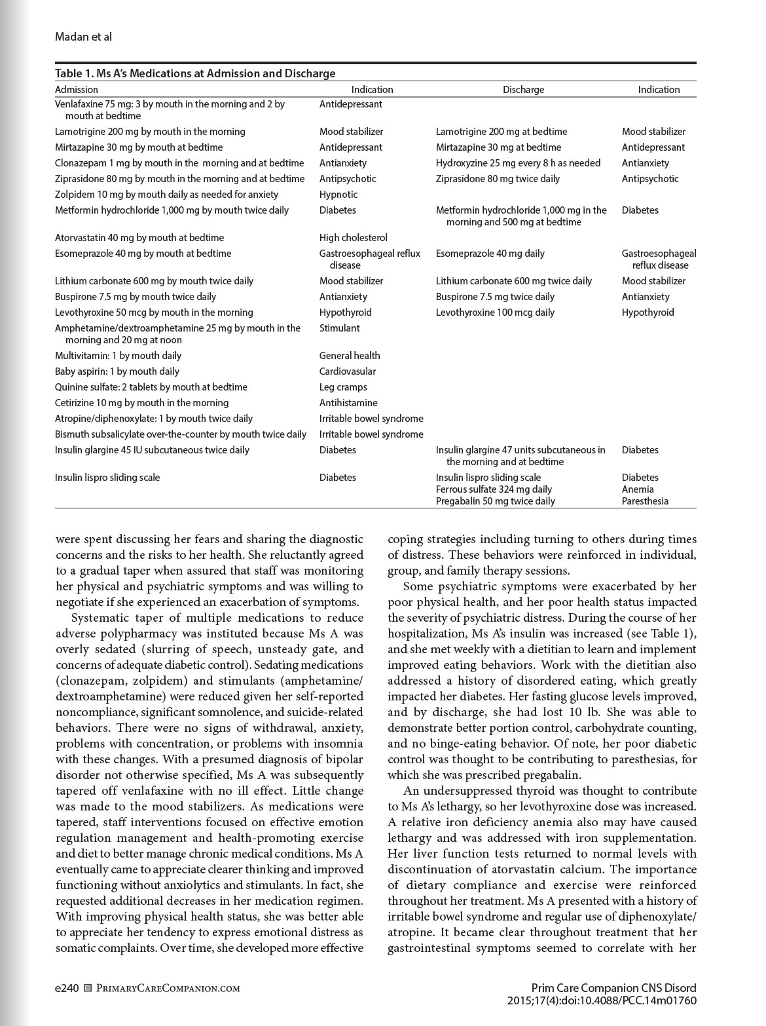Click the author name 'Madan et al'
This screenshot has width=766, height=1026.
(x=83, y=37)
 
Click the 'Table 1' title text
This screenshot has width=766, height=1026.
(x=195, y=73)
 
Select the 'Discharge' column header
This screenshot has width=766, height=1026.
(x=523, y=90)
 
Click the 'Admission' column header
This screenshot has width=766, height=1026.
(x=77, y=90)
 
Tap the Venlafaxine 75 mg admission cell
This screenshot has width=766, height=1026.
(x=170, y=109)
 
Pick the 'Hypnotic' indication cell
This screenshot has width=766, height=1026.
(x=338, y=195)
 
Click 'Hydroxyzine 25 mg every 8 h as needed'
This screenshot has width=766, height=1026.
(x=518, y=163)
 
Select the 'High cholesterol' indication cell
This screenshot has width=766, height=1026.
(x=354, y=238)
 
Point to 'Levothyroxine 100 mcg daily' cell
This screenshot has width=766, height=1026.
(x=495, y=313)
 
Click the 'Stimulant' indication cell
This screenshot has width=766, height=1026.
(x=339, y=328)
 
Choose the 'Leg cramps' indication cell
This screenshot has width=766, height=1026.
(x=343, y=387)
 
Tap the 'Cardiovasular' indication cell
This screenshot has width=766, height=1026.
(x=348, y=371)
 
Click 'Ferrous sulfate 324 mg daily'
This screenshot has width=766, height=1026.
(x=494, y=489)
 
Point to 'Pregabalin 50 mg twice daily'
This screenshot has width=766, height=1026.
(x=495, y=501)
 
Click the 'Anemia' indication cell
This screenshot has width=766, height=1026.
(x=638, y=489)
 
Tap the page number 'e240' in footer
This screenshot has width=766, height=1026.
(x=67, y=988)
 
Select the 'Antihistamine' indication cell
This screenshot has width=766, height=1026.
(x=348, y=403)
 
